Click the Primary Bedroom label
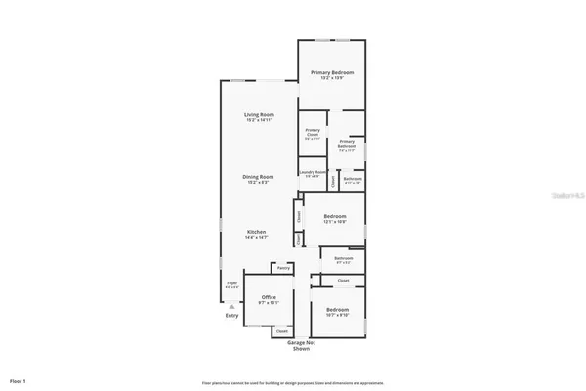click(332, 73)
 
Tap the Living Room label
click(259, 116)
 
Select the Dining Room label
click(259, 176)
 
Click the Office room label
click(269, 297)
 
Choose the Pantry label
click(283, 268)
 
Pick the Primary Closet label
click(313, 131)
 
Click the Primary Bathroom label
click(347, 143)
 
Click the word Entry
click(231, 315)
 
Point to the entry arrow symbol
click(231, 304)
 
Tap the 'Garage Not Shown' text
click(301, 346)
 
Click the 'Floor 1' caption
click(18, 379)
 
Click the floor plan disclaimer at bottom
click(293, 382)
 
